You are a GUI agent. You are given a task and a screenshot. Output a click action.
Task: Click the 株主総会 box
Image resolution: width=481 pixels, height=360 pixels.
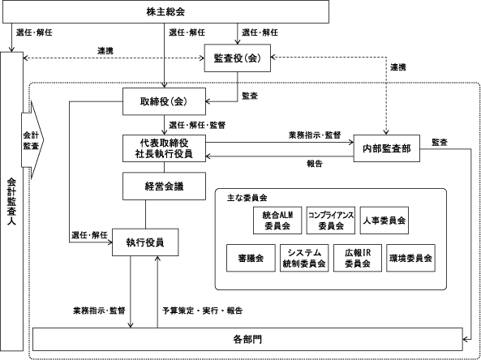165,11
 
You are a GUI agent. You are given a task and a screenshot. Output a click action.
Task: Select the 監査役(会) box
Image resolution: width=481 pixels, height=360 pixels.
238,58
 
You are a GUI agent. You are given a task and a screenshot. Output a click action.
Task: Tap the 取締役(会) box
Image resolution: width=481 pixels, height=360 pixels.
164,101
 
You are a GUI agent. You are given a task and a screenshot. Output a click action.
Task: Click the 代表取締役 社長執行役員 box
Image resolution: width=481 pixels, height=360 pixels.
164,148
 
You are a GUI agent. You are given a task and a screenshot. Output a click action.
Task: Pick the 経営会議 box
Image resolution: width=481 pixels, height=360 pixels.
164,186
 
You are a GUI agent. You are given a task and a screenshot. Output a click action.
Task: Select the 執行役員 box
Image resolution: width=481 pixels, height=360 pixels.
145,242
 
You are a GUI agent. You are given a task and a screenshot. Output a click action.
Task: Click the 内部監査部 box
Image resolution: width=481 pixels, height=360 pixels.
387,148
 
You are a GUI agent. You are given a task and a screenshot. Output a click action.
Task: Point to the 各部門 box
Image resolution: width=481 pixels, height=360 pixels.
247,339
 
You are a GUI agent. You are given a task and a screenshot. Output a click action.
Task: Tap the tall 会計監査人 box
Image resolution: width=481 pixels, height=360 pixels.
11,201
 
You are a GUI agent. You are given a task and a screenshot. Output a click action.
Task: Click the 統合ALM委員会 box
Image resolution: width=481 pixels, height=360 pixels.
277,221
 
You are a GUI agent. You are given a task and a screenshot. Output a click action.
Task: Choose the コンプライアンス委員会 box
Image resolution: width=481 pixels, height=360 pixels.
331,221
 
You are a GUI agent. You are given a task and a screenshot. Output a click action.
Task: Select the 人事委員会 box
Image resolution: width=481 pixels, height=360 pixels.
384,221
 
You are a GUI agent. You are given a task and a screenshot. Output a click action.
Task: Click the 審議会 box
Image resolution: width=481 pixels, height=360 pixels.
251,258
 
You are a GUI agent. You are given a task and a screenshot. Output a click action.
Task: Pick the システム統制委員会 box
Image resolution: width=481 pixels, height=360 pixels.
304,258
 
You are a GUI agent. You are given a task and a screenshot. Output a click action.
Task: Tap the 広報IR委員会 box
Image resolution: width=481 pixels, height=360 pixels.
358,258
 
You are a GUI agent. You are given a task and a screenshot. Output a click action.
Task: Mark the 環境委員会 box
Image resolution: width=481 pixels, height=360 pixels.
410,258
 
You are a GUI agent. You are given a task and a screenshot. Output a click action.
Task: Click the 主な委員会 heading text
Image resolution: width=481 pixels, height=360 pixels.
247,198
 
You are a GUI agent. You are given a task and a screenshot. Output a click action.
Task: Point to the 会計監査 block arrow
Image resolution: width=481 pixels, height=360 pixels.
32,140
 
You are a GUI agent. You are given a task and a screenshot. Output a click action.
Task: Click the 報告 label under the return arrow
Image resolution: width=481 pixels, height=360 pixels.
315,164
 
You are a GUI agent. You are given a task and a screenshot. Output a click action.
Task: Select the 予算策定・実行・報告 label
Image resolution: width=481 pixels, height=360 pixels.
203,311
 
